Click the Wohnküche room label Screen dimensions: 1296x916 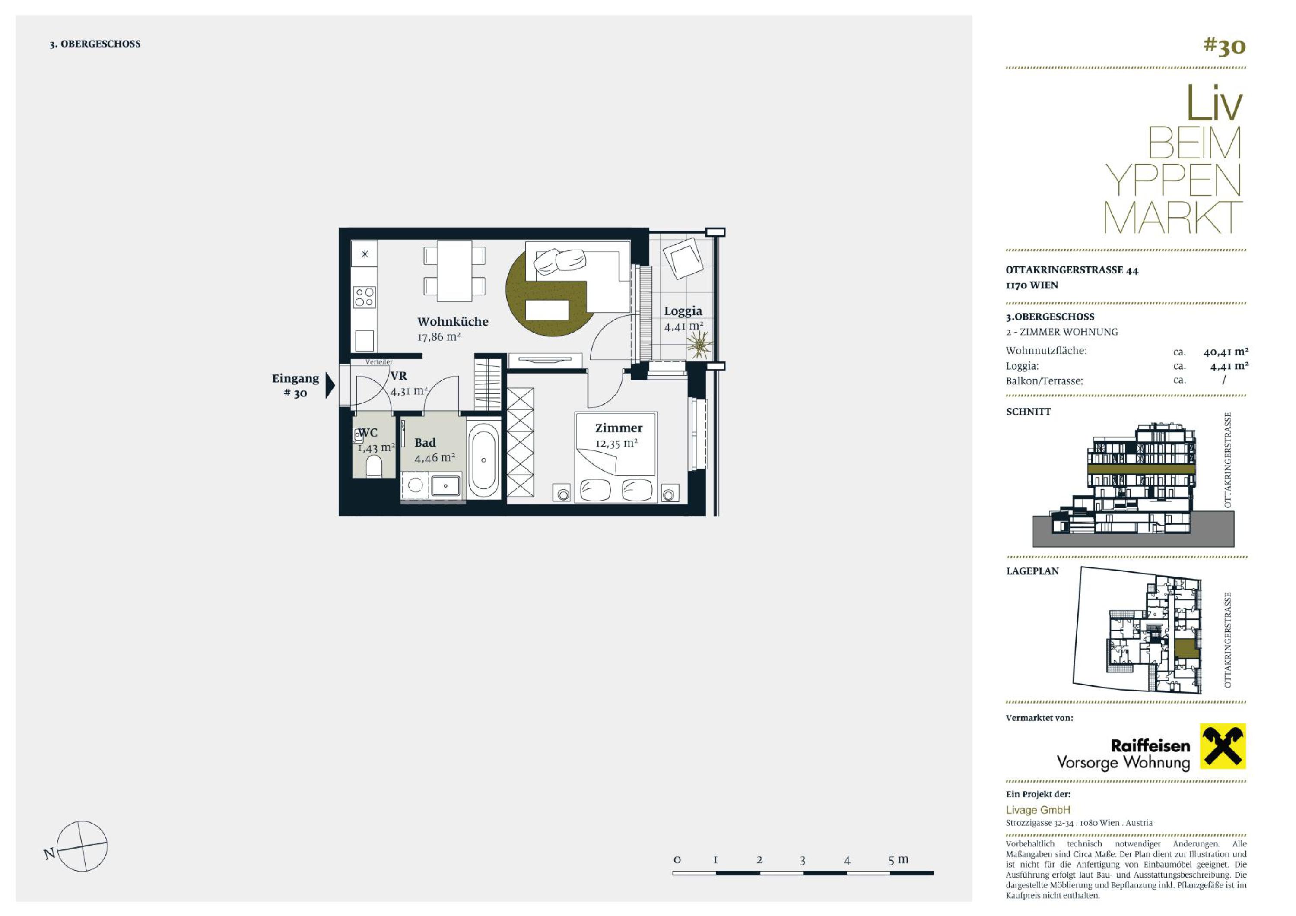(453, 322)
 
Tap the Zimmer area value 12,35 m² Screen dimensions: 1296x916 (616, 443)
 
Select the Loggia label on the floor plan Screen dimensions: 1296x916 (683, 311)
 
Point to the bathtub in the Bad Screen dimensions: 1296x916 (484, 460)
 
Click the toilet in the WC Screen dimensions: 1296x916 (374, 466)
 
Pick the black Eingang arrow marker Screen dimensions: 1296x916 (330, 386)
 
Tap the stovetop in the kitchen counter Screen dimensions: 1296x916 (364, 297)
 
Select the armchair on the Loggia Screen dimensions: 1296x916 (683, 258)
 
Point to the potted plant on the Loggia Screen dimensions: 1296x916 (699, 344)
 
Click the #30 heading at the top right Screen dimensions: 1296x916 (1224, 46)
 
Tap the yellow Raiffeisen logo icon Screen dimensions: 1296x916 (1223, 746)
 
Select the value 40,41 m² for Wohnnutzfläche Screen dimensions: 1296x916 (1226, 352)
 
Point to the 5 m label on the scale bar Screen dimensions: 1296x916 (899, 859)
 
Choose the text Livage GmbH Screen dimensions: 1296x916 (1038, 810)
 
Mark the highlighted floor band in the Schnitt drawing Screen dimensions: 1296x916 (1141, 469)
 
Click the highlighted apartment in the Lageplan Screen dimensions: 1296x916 (1187, 648)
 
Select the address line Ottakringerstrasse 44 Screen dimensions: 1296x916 (1072, 270)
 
